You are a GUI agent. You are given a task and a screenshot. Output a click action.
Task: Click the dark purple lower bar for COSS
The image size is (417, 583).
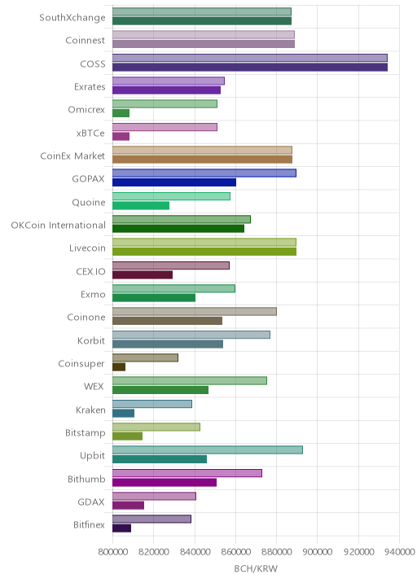[250, 68]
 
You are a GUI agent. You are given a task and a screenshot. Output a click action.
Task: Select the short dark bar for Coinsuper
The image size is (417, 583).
[119, 367]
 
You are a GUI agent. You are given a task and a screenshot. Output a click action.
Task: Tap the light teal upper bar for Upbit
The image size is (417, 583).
[208, 450]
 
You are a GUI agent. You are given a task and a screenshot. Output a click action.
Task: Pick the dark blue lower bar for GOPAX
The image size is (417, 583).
[174, 182]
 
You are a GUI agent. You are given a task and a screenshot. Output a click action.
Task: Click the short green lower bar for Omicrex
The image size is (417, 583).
[121, 113]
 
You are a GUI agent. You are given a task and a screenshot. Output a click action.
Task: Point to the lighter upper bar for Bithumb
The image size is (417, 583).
[187, 473]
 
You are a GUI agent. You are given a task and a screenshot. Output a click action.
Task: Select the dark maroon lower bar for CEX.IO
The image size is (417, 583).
[143, 274]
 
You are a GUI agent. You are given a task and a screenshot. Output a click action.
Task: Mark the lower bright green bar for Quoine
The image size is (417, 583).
[141, 206]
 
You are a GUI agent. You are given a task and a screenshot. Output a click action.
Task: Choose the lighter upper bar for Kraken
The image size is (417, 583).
[152, 404]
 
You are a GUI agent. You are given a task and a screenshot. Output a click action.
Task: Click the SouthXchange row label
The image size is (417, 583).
[72, 17]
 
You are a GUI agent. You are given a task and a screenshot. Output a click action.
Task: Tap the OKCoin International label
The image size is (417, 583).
[59, 225]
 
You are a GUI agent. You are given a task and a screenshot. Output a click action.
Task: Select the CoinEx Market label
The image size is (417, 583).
[72, 156]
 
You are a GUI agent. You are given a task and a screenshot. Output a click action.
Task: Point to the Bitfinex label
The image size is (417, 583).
[90, 524]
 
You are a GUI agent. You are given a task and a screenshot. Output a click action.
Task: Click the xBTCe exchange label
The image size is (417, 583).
[90, 133]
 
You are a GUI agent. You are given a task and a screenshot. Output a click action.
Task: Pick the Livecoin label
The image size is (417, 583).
[87, 248]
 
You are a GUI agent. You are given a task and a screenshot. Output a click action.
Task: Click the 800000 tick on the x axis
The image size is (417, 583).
[112, 552]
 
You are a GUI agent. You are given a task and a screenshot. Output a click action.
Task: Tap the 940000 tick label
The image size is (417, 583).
[400, 552]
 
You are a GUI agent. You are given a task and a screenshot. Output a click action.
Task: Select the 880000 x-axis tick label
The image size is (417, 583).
[276, 552]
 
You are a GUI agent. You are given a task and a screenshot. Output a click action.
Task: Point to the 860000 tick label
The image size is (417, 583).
[235, 552]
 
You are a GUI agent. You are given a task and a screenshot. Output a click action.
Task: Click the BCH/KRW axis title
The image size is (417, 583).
[256, 568]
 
